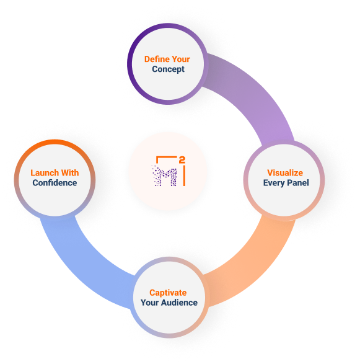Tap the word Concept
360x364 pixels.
[x=168, y=69]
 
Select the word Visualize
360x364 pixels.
[x=285, y=173]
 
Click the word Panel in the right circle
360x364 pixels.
[x=298, y=183]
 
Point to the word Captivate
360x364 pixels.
[x=168, y=293]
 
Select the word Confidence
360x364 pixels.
[x=55, y=183]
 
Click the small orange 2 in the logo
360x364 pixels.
[x=182, y=160]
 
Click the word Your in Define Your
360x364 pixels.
[x=181, y=59]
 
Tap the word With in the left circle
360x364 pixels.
[x=70, y=173]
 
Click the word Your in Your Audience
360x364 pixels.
[x=149, y=303]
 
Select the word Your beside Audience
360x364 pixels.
[x=149, y=303]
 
